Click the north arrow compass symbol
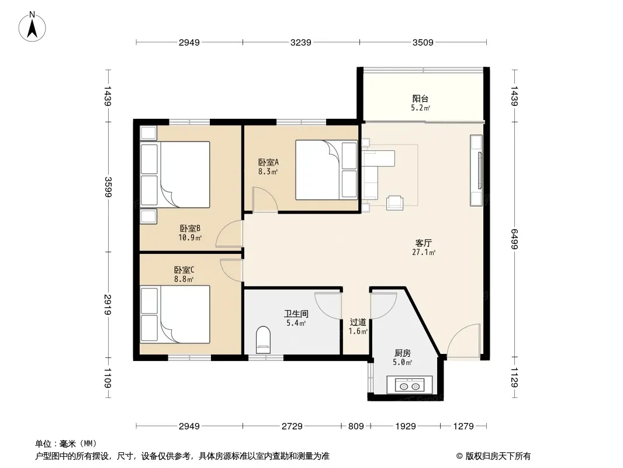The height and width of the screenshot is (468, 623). [x=32, y=27]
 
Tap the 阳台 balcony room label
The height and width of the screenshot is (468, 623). [x=420, y=99]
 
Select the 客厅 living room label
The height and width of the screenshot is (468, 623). [x=424, y=243]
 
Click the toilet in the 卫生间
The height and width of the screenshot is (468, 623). [x=263, y=340]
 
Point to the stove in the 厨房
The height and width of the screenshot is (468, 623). [x=410, y=386]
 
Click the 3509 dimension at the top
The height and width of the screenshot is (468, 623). [x=423, y=42]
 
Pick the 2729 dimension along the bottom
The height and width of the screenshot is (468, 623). [x=292, y=426]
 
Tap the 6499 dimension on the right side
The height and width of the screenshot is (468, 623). [x=514, y=239]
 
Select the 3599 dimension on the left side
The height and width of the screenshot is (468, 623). [x=108, y=187]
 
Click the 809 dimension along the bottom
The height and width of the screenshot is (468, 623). [x=356, y=426]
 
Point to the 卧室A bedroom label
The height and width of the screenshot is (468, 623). [x=269, y=162]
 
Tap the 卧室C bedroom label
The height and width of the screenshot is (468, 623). [x=184, y=270]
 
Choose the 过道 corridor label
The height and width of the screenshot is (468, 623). [x=358, y=322]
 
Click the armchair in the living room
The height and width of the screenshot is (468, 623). [x=395, y=202]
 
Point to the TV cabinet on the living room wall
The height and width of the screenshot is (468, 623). [x=476, y=170]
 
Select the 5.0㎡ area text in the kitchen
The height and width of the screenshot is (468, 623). [x=403, y=362]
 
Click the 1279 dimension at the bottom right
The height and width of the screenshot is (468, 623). [x=463, y=426]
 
